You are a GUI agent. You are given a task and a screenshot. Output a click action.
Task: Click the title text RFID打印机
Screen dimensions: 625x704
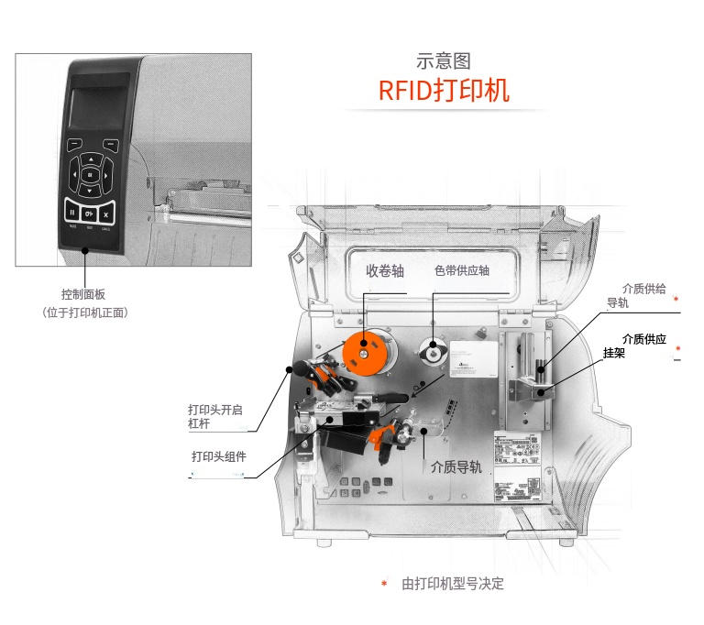444,92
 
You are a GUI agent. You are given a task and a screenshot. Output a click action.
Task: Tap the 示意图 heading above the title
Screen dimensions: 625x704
444,61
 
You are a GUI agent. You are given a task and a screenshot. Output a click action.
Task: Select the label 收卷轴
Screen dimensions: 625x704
385,271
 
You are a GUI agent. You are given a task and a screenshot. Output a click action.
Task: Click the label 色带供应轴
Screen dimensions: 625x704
461,271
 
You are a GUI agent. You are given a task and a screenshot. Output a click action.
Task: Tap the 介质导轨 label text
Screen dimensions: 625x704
456,466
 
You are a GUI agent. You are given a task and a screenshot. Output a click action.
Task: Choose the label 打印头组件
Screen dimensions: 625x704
218,456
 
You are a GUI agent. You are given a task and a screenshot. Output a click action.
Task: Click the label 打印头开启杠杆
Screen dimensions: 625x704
214,417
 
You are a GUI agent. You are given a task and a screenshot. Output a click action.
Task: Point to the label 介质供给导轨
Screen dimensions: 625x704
642,295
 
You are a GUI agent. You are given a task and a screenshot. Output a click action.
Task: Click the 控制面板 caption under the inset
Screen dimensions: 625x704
83,294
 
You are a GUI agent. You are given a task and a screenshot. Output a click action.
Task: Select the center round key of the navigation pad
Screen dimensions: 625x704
90,174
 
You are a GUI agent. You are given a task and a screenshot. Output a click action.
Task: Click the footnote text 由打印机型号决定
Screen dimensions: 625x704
453,584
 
